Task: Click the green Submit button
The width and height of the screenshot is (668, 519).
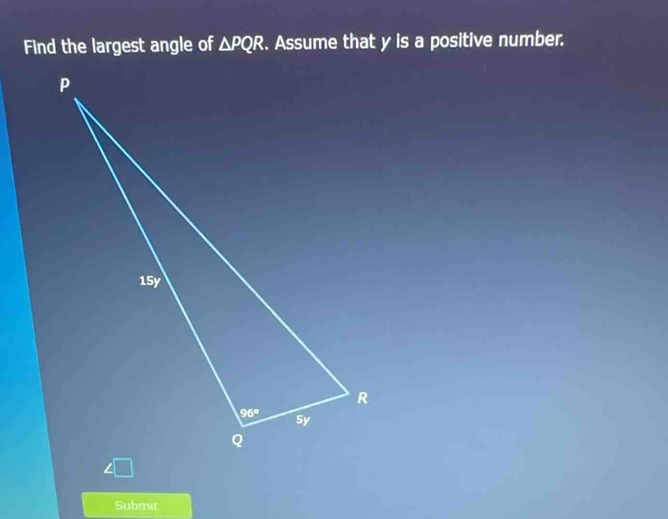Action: (x=137, y=505)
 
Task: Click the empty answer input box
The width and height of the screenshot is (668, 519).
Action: (x=124, y=467)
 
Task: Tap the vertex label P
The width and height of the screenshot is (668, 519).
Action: (x=64, y=85)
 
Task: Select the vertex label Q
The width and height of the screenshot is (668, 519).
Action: (x=237, y=440)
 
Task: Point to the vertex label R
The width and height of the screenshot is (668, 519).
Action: (x=362, y=398)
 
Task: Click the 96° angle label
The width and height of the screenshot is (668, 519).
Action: (x=250, y=413)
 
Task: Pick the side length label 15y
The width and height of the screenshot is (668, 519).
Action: (x=149, y=281)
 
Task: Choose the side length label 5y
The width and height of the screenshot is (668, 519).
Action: (x=303, y=420)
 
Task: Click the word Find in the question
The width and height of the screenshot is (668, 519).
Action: (x=41, y=47)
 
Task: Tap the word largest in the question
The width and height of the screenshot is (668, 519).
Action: (x=118, y=46)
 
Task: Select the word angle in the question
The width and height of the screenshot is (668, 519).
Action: (x=171, y=45)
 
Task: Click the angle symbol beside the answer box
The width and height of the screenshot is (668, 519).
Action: (x=110, y=468)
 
